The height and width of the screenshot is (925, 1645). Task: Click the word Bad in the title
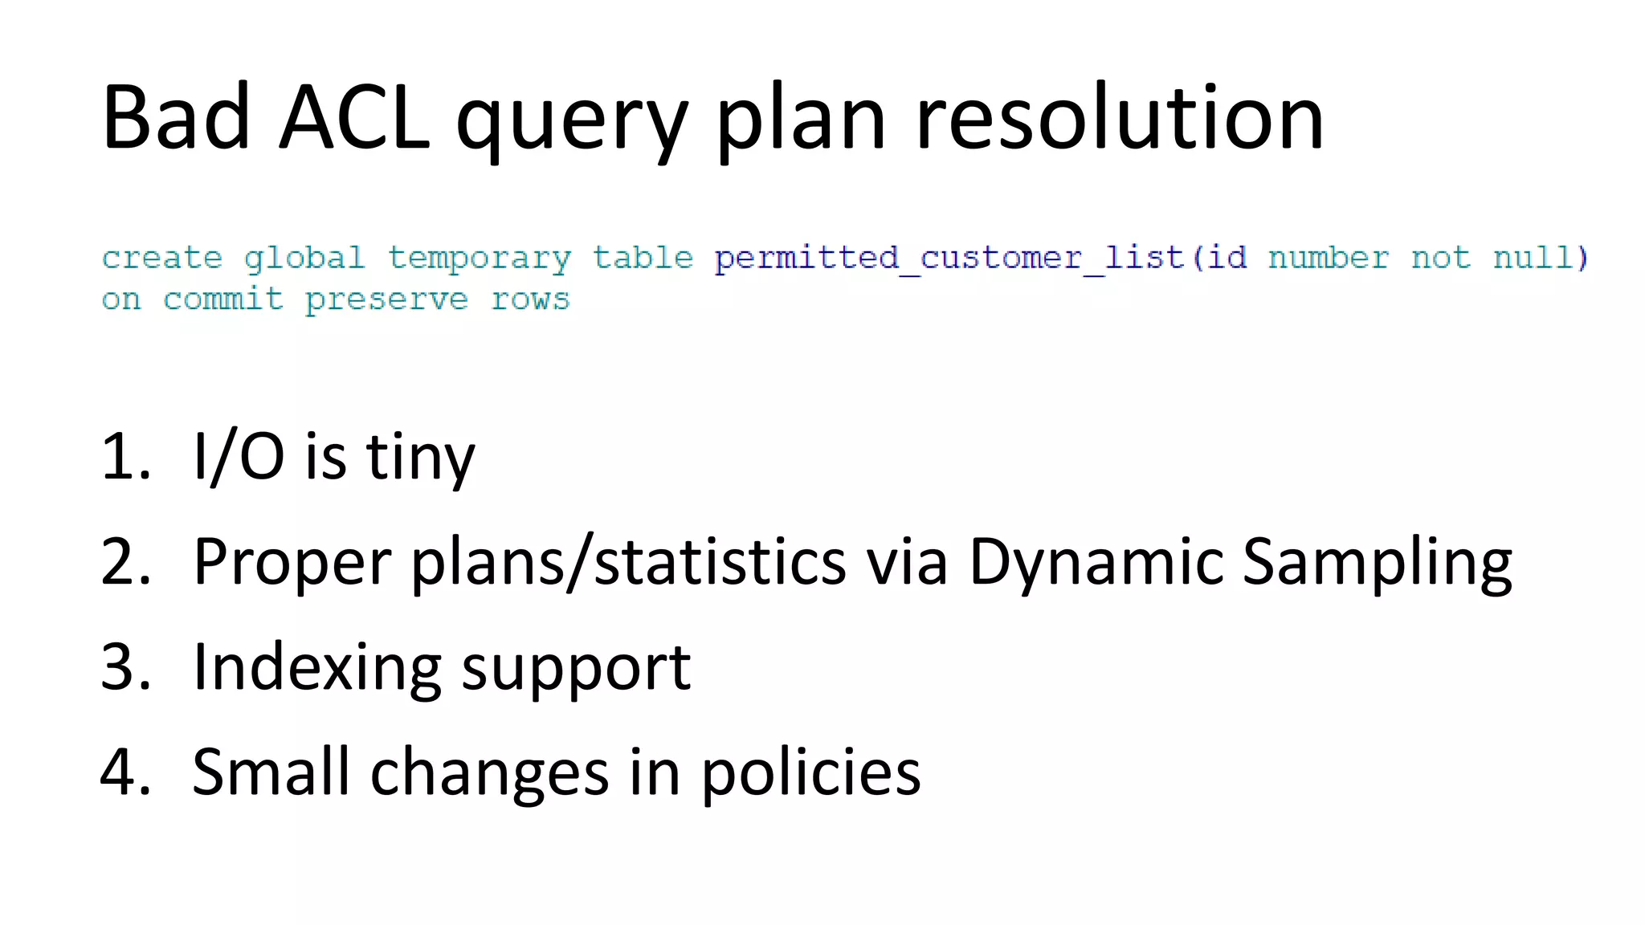[x=176, y=118]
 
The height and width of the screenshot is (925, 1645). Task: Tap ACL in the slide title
[x=354, y=118]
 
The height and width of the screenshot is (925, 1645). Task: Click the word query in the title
[x=572, y=124]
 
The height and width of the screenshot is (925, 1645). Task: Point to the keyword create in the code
[x=161, y=258]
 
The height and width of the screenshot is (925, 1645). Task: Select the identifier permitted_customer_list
[x=949, y=259]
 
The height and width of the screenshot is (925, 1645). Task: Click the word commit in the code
[x=222, y=299]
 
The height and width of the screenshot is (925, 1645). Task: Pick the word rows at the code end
[x=529, y=300]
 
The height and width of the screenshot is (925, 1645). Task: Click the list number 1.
[x=125, y=457]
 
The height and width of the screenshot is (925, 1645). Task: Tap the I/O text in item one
[x=239, y=457]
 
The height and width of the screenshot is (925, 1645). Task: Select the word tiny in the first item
[x=420, y=458]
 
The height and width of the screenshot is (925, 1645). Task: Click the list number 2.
[x=125, y=562]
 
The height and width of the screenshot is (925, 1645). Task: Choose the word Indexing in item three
[x=317, y=669]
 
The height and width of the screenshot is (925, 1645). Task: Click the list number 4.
[x=125, y=772]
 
